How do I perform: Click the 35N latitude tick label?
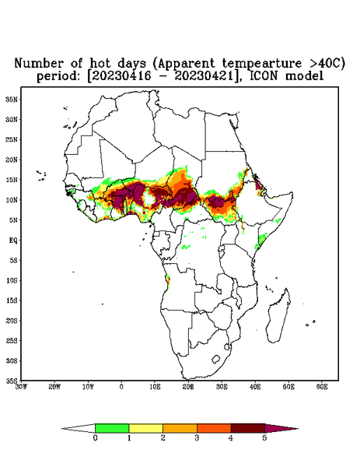tap(12, 99)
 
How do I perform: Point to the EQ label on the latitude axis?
tap(12, 240)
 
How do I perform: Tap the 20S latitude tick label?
tap(12, 321)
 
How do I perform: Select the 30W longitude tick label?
tap(21, 387)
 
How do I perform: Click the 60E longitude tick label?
tap(322, 387)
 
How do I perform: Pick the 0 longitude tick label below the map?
tap(121, 387)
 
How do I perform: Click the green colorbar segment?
tap(112, 428)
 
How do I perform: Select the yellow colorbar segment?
tap(145, 428)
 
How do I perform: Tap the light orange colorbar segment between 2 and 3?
tap(180, 428)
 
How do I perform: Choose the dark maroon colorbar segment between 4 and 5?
tap(248, 428)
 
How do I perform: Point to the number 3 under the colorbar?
tap(197, 438)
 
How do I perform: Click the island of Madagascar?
tap(278, 316)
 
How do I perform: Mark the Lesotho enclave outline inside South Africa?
tap(215, 359)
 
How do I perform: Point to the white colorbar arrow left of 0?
tap(79, 429)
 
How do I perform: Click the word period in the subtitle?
tap(58, 76)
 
